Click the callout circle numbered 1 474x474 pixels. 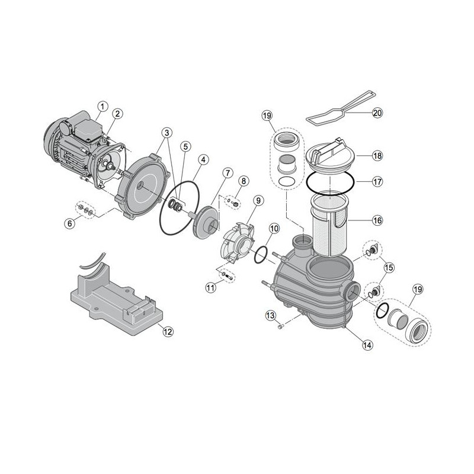coord(103,107)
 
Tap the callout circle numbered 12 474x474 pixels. coord(168,332)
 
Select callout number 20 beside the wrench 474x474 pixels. coord(378,112)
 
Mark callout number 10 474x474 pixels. coord(273,228)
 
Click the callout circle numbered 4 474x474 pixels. coord(203,159)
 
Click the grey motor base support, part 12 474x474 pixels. coord(113,296)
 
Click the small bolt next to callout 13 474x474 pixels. coord(283,325)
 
